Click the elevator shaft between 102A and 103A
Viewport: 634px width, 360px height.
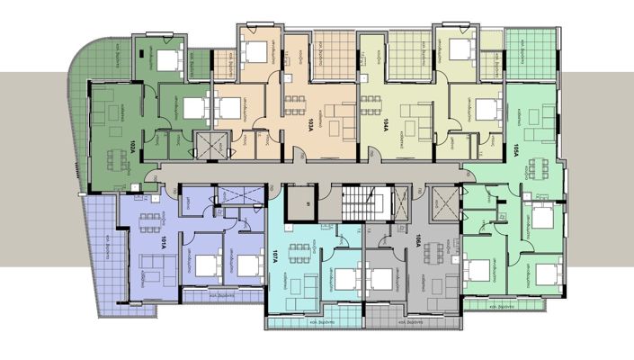(211, 144)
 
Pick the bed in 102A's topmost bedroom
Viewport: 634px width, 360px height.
(166, 60)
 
